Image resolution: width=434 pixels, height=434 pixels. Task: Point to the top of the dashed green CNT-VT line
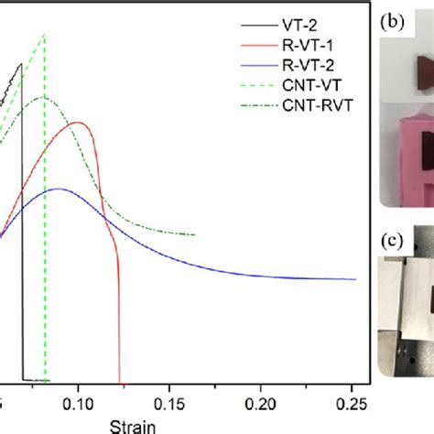pyautogui.click(x=43, y=36)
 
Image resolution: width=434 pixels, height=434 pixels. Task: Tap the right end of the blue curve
pyautogui.click(x=355, y=279)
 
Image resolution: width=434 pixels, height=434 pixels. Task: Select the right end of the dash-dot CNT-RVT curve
pyautogui.click(x=194, y=234)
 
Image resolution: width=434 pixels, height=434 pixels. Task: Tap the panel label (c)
pyautogui.click(x=395, y=242)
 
